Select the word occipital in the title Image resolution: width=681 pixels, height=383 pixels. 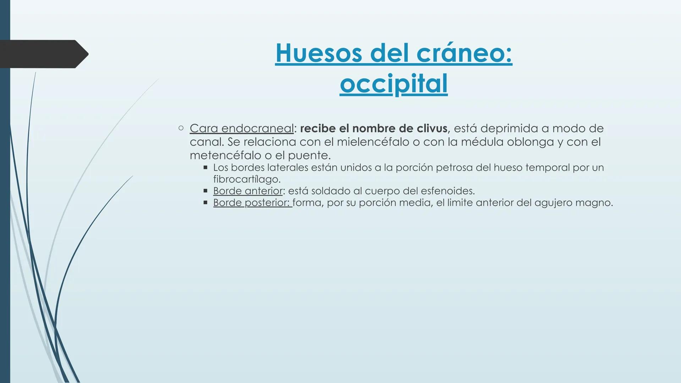pyautogui.click(x=394, y=84)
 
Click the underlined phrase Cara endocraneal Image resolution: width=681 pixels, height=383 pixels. pyautogui.click(x=242, y=128)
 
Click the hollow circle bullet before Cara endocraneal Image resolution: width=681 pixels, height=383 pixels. pyautogui.click(x=181, y=128)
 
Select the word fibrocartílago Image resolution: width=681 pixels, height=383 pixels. pyautogui.click(x=247, y=179)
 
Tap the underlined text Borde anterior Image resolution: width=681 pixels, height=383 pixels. pyautogui.click(x=248, y=191)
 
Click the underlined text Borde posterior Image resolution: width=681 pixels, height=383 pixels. pyautogui.click(x=252, y=202)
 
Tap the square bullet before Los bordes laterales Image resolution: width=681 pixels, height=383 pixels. pyautogui.click(x=205, y=167)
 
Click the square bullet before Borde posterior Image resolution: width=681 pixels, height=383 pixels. pyautogui.click(x=205, y=202)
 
